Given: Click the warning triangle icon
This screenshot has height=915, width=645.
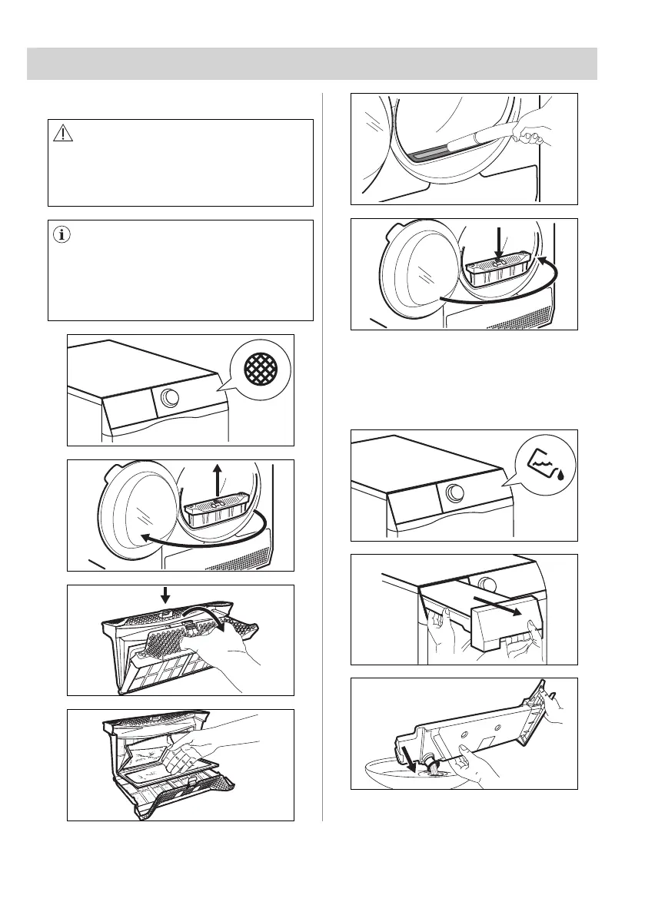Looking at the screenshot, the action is tap(62, 134).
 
